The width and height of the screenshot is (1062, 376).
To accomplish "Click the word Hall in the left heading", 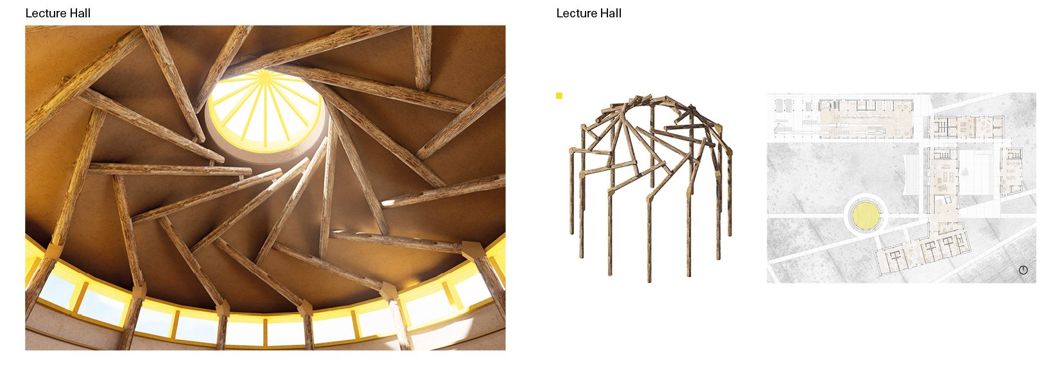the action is point(79,13).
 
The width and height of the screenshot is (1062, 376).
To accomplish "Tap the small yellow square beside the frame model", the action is point(559,96).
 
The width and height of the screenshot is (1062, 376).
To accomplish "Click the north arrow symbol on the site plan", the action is point(1023,270).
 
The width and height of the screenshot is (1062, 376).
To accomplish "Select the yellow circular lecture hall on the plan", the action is point(866,216).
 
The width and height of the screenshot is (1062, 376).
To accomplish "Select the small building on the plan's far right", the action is point(1012,172).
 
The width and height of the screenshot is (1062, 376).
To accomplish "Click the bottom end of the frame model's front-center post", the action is point(649,280).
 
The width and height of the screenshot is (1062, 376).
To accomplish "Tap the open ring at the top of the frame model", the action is point(651,100).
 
